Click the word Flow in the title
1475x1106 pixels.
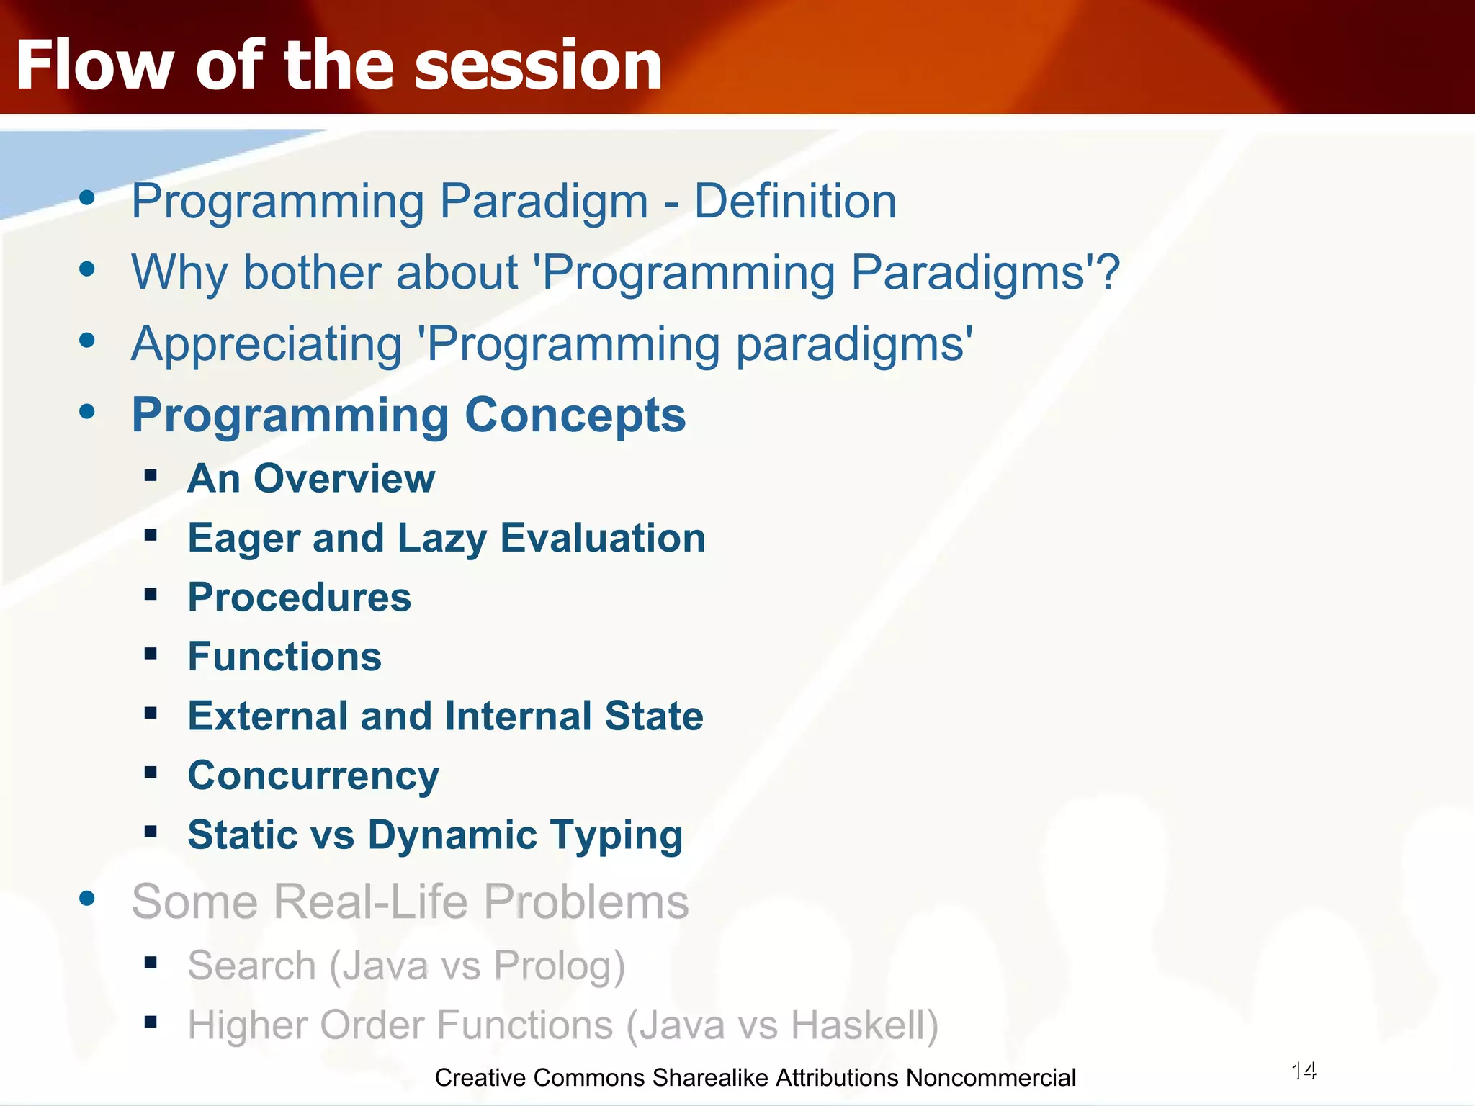click(94, 65)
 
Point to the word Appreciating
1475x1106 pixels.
click(266, 344)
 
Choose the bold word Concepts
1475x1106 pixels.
click(575, 415)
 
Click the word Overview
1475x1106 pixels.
click(344, 478)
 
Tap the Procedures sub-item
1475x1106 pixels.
click(300, 598)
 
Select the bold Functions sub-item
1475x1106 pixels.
click(284, 657)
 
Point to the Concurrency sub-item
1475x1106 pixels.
click(313, 776)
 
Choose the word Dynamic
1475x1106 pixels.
click(452, 835)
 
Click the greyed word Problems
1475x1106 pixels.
click(586, 901)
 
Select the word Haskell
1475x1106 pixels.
click(858, 1025)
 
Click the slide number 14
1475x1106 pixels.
click(1304, 1071)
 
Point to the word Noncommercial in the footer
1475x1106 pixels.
click(991, 1078)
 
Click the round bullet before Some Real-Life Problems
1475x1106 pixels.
click(87, 898)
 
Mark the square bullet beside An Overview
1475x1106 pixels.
click(151, 475)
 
